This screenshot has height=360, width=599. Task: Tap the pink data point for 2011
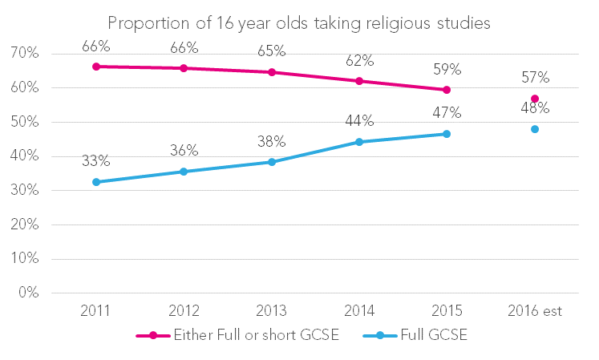[96, 67]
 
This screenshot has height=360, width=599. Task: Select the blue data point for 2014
[359, 142]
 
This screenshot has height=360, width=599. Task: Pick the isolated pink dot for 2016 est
[535, 99]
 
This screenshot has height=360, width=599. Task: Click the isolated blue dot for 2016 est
[535, 129]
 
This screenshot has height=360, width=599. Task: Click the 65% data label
[272, 51]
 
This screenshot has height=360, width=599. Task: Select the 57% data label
[534, 78]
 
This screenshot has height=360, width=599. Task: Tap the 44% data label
[359, 121]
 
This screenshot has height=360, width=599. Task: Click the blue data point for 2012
[184, 172]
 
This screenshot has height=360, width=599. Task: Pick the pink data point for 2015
[447, 90]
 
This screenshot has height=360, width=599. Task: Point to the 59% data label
[447, 67]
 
